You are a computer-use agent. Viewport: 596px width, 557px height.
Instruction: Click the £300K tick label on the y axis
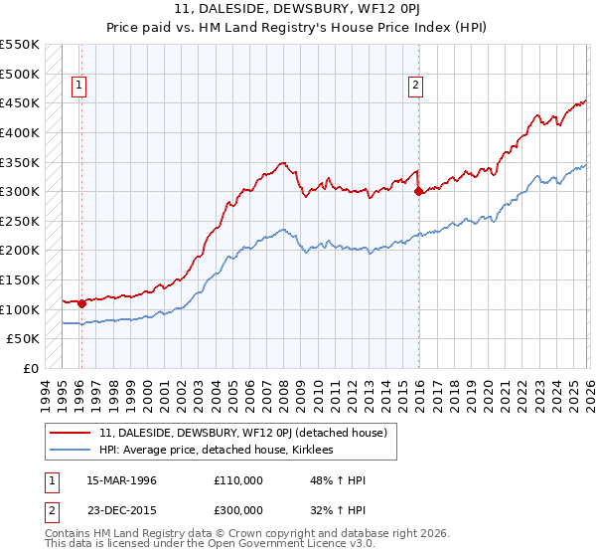point(20,191)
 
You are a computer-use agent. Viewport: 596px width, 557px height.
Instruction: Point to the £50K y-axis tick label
point(23,339)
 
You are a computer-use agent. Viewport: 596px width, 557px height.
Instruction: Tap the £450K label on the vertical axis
point(20,102)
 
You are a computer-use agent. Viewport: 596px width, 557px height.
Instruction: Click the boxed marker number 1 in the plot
point(78,87)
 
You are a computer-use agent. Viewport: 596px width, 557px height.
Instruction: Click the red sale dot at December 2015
point(418,191)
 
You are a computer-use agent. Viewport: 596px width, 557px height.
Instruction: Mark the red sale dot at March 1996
point(81,303)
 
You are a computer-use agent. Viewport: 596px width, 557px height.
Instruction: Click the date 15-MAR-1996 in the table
point(122,480)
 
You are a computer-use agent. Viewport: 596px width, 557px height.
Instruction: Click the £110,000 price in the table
point(238,480)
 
